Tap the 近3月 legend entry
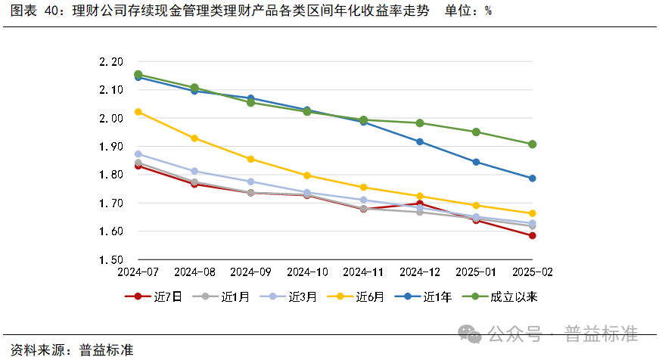[x=291, y=297]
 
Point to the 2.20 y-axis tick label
[x=111, y=61]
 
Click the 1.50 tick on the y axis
[x=111, y=259]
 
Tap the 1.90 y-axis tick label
[x=111, y=146]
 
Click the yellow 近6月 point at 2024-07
[x=138, y=112]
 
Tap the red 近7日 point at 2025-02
[x=533, y=236]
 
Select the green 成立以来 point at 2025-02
[x=533, y=144]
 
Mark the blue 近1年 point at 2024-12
[x=420, y=141]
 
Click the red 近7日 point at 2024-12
[x=420, y=203]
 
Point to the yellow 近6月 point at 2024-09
[x=250, y=160]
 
